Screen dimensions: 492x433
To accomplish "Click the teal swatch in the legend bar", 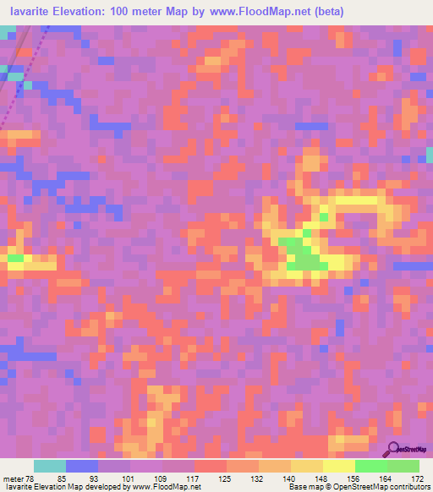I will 50,466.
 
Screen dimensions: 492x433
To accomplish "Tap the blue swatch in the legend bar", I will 82,466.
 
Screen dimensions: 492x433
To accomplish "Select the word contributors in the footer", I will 408,488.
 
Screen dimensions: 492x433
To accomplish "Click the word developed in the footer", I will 101,488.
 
